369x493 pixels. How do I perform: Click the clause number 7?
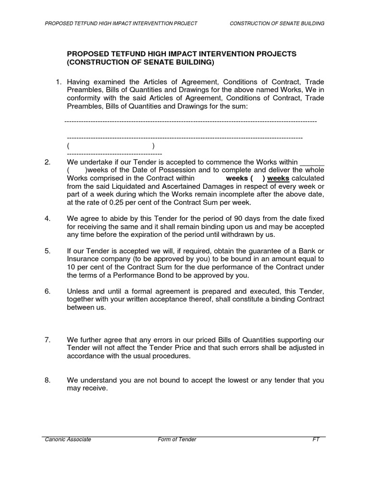tap(48, 340)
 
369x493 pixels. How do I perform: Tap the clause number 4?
tap(48, 219)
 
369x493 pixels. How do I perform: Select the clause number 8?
tap(48, 380)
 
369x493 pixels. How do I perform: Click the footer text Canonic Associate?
tap(68, 440)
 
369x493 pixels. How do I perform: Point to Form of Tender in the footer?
tap(177, 440)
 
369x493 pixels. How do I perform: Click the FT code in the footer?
tap(316, 440)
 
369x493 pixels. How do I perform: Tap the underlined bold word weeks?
tap(278, 178)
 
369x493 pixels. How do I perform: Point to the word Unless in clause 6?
tap(78, 291)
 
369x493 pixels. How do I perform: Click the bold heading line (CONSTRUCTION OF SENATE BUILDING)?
tap(141, 63)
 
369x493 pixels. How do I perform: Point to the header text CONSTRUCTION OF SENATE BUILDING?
tap(277, 24)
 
